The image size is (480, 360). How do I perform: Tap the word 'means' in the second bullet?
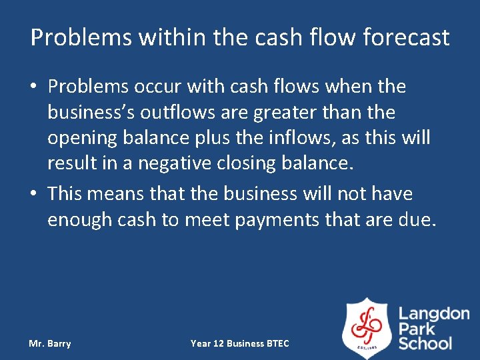coord(116,194)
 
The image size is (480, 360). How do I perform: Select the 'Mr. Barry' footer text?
coord(50,343)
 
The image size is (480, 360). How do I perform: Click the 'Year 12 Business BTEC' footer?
coord(240,343)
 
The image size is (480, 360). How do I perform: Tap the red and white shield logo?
coord(367,328)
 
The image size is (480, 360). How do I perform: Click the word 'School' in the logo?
coord(425,344)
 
